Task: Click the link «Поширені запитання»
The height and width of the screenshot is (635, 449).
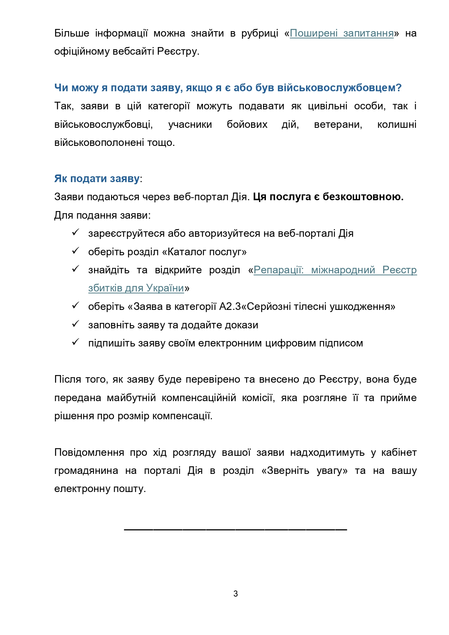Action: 342,33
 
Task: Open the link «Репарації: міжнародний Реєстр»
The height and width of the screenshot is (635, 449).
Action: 335,270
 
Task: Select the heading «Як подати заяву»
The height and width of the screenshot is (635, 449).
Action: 97,178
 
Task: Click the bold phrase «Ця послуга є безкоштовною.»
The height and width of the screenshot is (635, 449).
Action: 328,197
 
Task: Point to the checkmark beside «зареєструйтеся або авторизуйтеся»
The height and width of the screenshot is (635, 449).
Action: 75,232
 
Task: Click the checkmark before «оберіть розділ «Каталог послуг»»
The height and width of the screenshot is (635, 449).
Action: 75,251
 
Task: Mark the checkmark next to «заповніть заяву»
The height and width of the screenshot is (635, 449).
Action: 75,324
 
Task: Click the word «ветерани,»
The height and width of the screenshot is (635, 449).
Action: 338,125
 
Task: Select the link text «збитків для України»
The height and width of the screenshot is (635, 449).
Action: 136,288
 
